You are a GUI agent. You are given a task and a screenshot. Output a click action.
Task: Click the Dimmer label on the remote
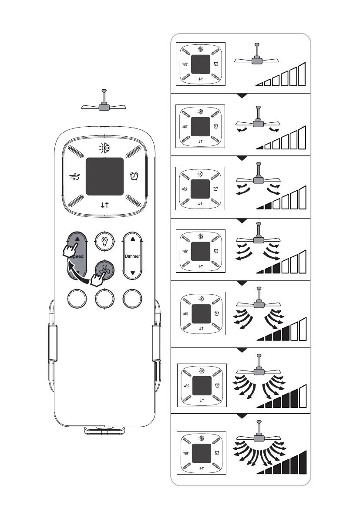click(x=133, y=256)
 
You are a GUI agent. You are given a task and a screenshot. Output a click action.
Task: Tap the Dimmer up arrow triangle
click(x=133, y=239)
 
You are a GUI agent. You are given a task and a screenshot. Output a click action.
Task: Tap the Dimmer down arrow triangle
click(x=133, y=273)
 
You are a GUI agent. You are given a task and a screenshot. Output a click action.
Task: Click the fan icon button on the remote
click(x=104, y=270)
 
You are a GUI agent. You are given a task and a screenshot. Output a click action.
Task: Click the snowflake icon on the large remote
click(x=104, y=148)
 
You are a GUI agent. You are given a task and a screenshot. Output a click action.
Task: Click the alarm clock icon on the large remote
click(x=134, y=176)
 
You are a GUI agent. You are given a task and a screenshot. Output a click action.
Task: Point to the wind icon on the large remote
click(x=75, y=177)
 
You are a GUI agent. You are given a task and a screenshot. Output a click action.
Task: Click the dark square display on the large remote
click(x=104, y=176)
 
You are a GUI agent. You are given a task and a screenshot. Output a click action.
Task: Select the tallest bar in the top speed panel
click(x=302, y=74)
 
